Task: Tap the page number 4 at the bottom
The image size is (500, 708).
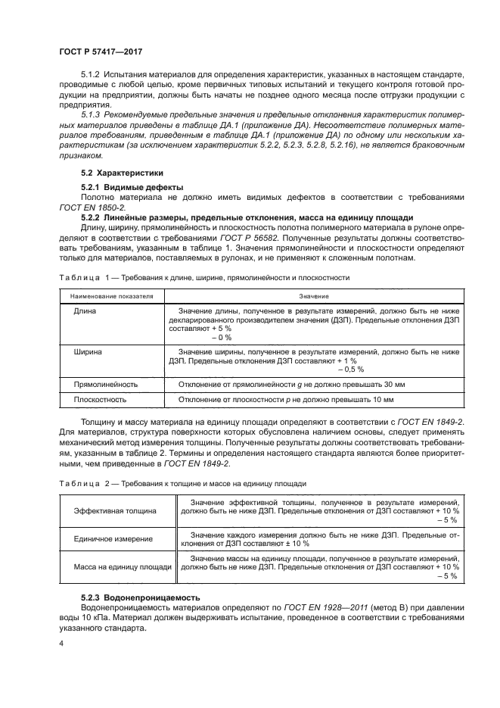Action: coord(61,644)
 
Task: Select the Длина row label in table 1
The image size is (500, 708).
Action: coord(85,311)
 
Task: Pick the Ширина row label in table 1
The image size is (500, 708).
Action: coord(89,352)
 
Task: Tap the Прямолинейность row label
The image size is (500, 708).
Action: coord(105,384)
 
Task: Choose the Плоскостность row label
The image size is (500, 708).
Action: coord(100,399)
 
